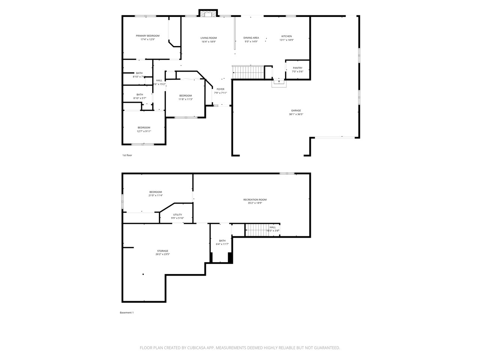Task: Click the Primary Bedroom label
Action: click(x=147, y=36)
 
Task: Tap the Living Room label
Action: click(x=208, y=38)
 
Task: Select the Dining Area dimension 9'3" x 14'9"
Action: click(x=251, y=42)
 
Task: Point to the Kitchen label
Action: click(x=286, y=36)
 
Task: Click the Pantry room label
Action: click(x=297, y=68)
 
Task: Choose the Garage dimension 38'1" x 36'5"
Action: click(x=296, y=114)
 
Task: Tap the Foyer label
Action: click(x=220, y=89)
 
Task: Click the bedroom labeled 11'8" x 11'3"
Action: click(x=185, y=97)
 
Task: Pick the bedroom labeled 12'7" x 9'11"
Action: click(x=144, y=129)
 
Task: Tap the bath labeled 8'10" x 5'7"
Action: click(x=139, y=96)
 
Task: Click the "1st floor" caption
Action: click(x=127, y=155)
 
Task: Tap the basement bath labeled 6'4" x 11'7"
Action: click(x=222, y=242)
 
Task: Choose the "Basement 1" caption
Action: click(x=127, y=313)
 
